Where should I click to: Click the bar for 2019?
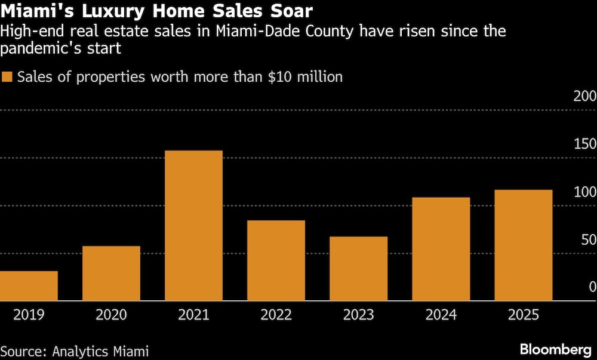(x=29, y=286)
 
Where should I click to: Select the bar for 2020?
(x=111, y=273)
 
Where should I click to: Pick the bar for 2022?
(x=276, y=260)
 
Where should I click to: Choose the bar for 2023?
(x=358, y=269)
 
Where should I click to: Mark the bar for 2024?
(x=441, y=249)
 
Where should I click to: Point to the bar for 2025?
(x=523, y=245)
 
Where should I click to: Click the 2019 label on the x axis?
(x=29, y=315)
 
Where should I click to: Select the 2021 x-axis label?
(x=193, y=315)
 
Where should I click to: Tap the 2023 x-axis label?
(x=358, y=315)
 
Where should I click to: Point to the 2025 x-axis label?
(x=523, y=315)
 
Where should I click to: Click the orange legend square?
(x=7, y=77)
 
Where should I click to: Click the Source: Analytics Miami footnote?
(x=75, y=350)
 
